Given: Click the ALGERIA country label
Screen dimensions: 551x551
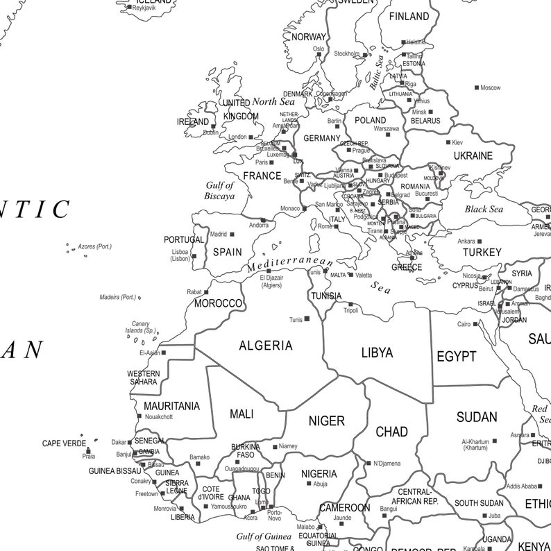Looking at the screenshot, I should click(266, 346).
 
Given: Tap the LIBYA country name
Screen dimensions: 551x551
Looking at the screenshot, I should click(377, 353).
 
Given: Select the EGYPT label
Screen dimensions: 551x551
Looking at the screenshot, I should click(456, 357).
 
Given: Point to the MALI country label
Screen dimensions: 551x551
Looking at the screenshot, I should click(241, 414).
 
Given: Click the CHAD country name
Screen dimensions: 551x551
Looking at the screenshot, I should click(391, 432).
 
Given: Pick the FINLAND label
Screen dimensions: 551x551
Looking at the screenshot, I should click(409, 16).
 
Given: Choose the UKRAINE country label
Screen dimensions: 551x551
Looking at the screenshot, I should click(473, 156).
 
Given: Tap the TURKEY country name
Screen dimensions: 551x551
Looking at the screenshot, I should click(482, 253).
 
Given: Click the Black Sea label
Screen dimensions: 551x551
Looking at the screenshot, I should click(484, 210).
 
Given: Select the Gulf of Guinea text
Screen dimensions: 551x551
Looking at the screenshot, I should click(263, 536).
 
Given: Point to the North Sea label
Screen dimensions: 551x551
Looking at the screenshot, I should click(273, 101).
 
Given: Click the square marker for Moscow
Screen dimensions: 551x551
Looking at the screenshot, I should click(477, 87).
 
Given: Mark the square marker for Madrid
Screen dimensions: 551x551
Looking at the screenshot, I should click(232, 235).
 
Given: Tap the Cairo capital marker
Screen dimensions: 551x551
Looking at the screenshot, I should click(477, 324).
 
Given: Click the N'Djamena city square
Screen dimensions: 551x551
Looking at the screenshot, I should click(368, 463).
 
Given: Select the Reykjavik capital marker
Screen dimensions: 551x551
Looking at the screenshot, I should click(129, 8).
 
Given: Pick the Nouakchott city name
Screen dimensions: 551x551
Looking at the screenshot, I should click(159, 417).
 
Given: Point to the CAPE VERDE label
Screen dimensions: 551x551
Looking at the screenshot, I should click(64, 443).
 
